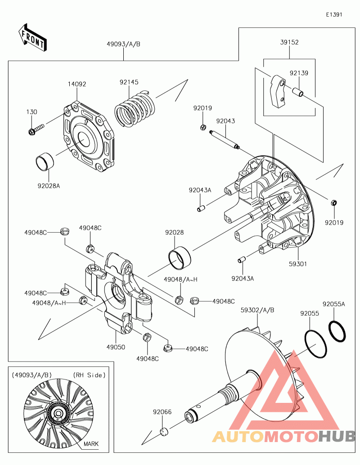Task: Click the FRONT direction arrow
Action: click(x=32, y=37)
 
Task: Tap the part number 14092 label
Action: click(x=77, y=84)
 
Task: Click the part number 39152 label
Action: click(x=289, y=42)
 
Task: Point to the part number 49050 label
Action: click(x=116, y=347)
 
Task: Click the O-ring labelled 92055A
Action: click(x=337, y=331)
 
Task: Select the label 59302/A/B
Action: click(x=257, y=310)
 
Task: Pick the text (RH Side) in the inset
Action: click(x=89, y=375)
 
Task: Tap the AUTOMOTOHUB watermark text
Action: click(x=283, y=436)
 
